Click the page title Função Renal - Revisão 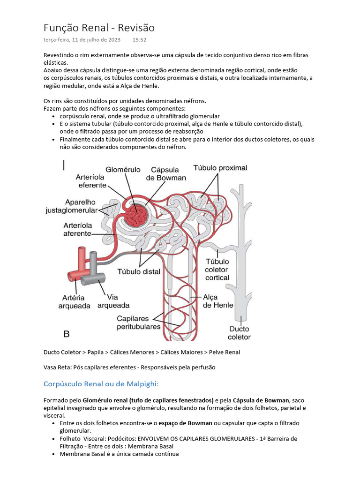pyautogui.click(x=99, y=28)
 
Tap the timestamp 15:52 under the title pyautogui.click(x=139, y=40)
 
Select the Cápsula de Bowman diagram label pyautogui.click(x=166, y=174)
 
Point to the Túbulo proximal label pyautogui.click(x=220, y=168)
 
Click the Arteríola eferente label pyautogui.click(x=92, y=181)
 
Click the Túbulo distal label pyautogui.click(x=138, y=271)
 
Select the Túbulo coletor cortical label pyautogui.click(x=217, y=270)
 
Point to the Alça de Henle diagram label pyautogui.click(x=217, y=301)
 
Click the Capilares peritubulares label pyautogui.click(x=139, y=322)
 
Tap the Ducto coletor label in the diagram pyautogui.click(x=239, y=332)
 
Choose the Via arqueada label pyautogui.click(x=113, y=301)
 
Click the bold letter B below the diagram pyautogui.click(x=67, y=334)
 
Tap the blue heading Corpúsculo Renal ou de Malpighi pyautogui.click(x=101, y=384)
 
